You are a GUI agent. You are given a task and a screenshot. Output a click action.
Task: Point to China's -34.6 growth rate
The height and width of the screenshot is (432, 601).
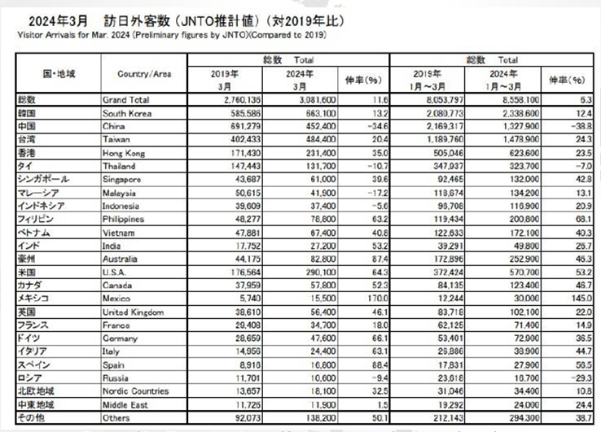pos(370,124)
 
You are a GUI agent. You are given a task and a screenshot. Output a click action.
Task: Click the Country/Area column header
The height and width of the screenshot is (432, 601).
pos(144,73)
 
